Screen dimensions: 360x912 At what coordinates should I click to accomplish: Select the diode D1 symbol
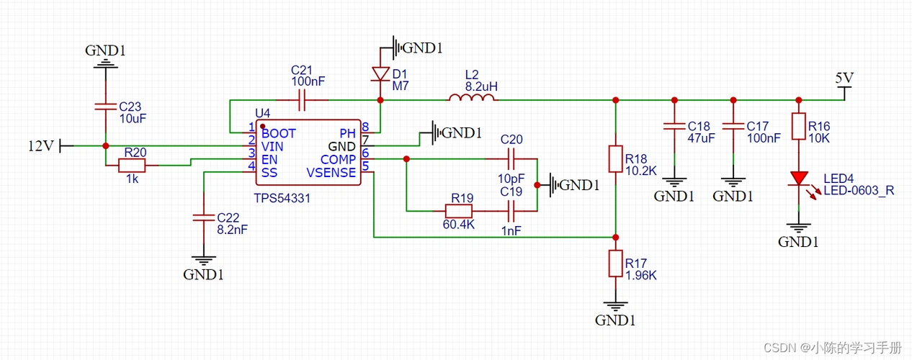380,73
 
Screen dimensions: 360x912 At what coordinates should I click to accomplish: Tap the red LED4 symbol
798,178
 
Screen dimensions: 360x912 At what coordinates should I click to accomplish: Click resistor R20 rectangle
132,166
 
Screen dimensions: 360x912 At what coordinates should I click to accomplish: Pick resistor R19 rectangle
458,211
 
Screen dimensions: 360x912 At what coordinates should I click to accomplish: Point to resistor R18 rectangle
615,159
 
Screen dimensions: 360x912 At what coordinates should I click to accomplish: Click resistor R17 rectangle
615,264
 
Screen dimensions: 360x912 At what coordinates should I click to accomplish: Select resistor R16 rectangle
798,127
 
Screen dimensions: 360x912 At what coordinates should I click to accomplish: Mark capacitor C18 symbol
674,125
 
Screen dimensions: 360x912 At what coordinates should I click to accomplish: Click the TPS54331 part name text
282,197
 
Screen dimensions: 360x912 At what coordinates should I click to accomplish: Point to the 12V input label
40,145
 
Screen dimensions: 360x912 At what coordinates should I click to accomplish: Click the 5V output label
844,78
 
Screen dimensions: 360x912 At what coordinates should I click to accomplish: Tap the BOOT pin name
279,133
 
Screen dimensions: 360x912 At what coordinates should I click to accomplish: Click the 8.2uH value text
481,86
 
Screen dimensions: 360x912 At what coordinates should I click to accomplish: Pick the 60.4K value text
459,225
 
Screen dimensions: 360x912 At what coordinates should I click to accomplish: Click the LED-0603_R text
859,191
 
